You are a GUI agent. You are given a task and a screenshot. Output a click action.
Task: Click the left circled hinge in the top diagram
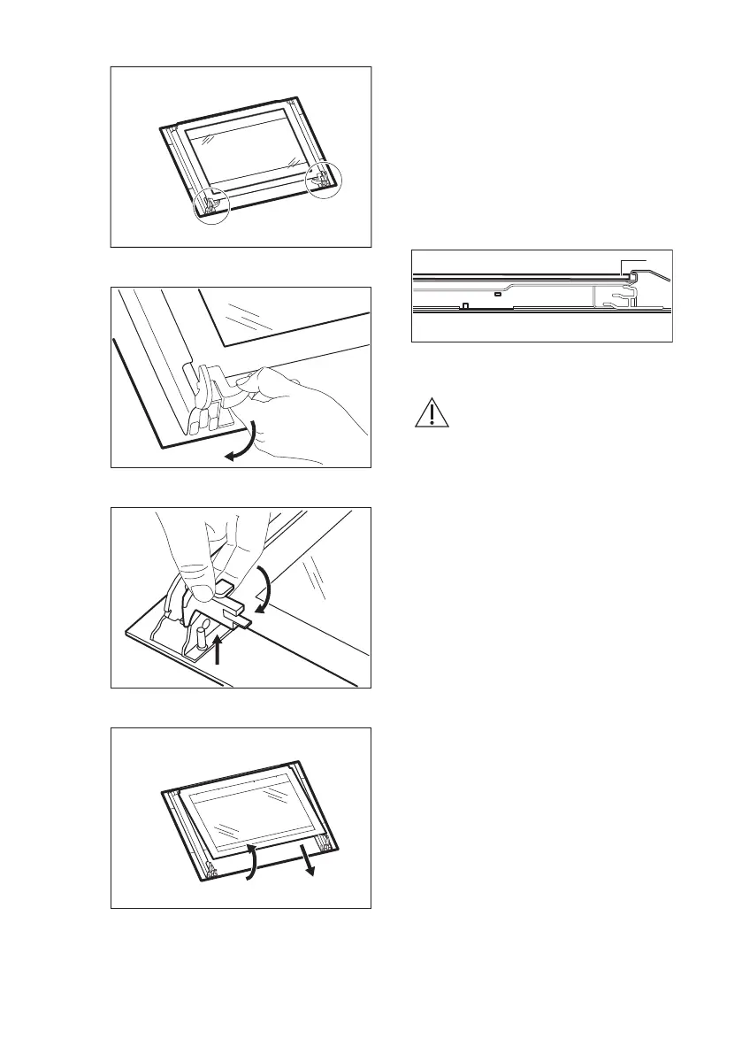pos(213,203)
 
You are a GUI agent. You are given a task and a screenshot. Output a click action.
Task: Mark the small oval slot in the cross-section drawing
pos(499,293)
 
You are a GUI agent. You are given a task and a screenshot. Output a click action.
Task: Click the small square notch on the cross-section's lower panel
pos(464,306)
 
